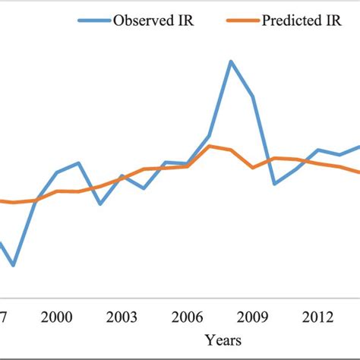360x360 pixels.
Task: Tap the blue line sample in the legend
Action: tap(93, 21)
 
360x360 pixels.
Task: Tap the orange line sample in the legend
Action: tap(241, 21)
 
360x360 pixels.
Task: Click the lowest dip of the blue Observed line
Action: tap(14, 265)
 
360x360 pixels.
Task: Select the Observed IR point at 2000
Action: tap(57, 172)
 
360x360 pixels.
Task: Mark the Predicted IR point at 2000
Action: tap(57, 191)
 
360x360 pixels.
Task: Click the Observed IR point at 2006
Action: tap(188, 163)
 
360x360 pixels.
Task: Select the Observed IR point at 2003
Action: tap(122, 176)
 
